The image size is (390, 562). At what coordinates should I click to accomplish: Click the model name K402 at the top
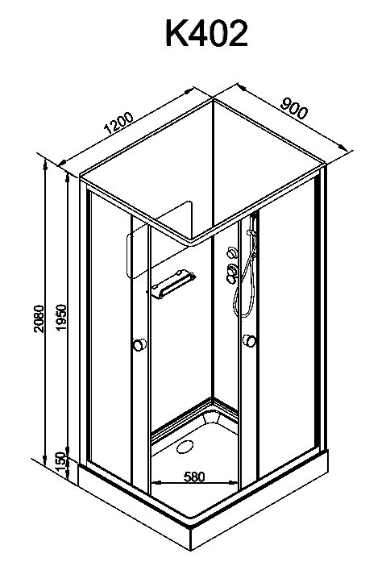[206, 33]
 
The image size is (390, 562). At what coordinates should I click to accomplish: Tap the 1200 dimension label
[118, 123]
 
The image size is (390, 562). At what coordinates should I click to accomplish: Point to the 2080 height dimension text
[39, 319]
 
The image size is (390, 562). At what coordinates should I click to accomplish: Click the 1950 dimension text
[61, 318]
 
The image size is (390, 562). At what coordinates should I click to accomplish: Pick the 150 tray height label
[61, 463]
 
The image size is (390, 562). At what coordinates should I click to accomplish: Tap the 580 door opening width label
[194, 477]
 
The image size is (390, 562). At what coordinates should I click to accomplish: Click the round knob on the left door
[139, 345]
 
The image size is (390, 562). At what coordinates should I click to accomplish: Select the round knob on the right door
[249, 340]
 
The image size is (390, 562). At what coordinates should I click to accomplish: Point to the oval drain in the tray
[185, 447]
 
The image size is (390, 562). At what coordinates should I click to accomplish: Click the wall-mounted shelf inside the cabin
[172, 284]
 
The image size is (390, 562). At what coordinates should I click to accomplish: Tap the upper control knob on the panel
[232, 252]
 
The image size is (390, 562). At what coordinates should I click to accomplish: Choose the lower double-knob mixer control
[232, 274]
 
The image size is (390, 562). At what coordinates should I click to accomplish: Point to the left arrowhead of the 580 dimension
[156, 483]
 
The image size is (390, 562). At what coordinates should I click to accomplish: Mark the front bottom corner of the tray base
[191, 550]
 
